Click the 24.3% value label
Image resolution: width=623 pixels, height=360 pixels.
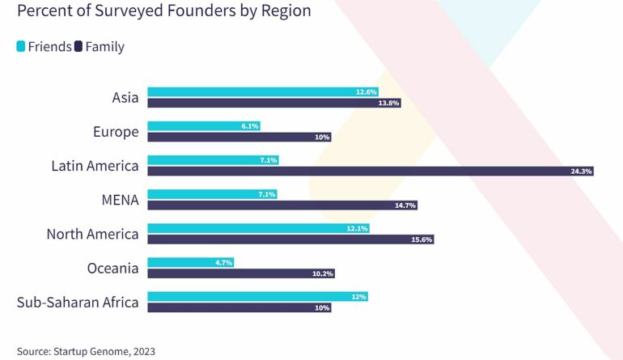(x=582, y=172)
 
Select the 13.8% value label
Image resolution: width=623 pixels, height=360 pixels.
(x=389, y=103)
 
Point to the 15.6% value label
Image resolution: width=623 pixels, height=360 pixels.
(x=422, y=239)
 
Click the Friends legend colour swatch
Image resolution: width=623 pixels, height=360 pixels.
(x=21, y=46)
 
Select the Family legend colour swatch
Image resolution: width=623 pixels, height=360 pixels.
(x=79, y=46)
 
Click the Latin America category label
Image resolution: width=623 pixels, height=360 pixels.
(x=95, y=166)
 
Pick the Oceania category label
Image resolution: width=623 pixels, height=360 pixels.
(x=112, y=268)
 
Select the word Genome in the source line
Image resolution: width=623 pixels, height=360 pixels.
(x=112, y=351)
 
